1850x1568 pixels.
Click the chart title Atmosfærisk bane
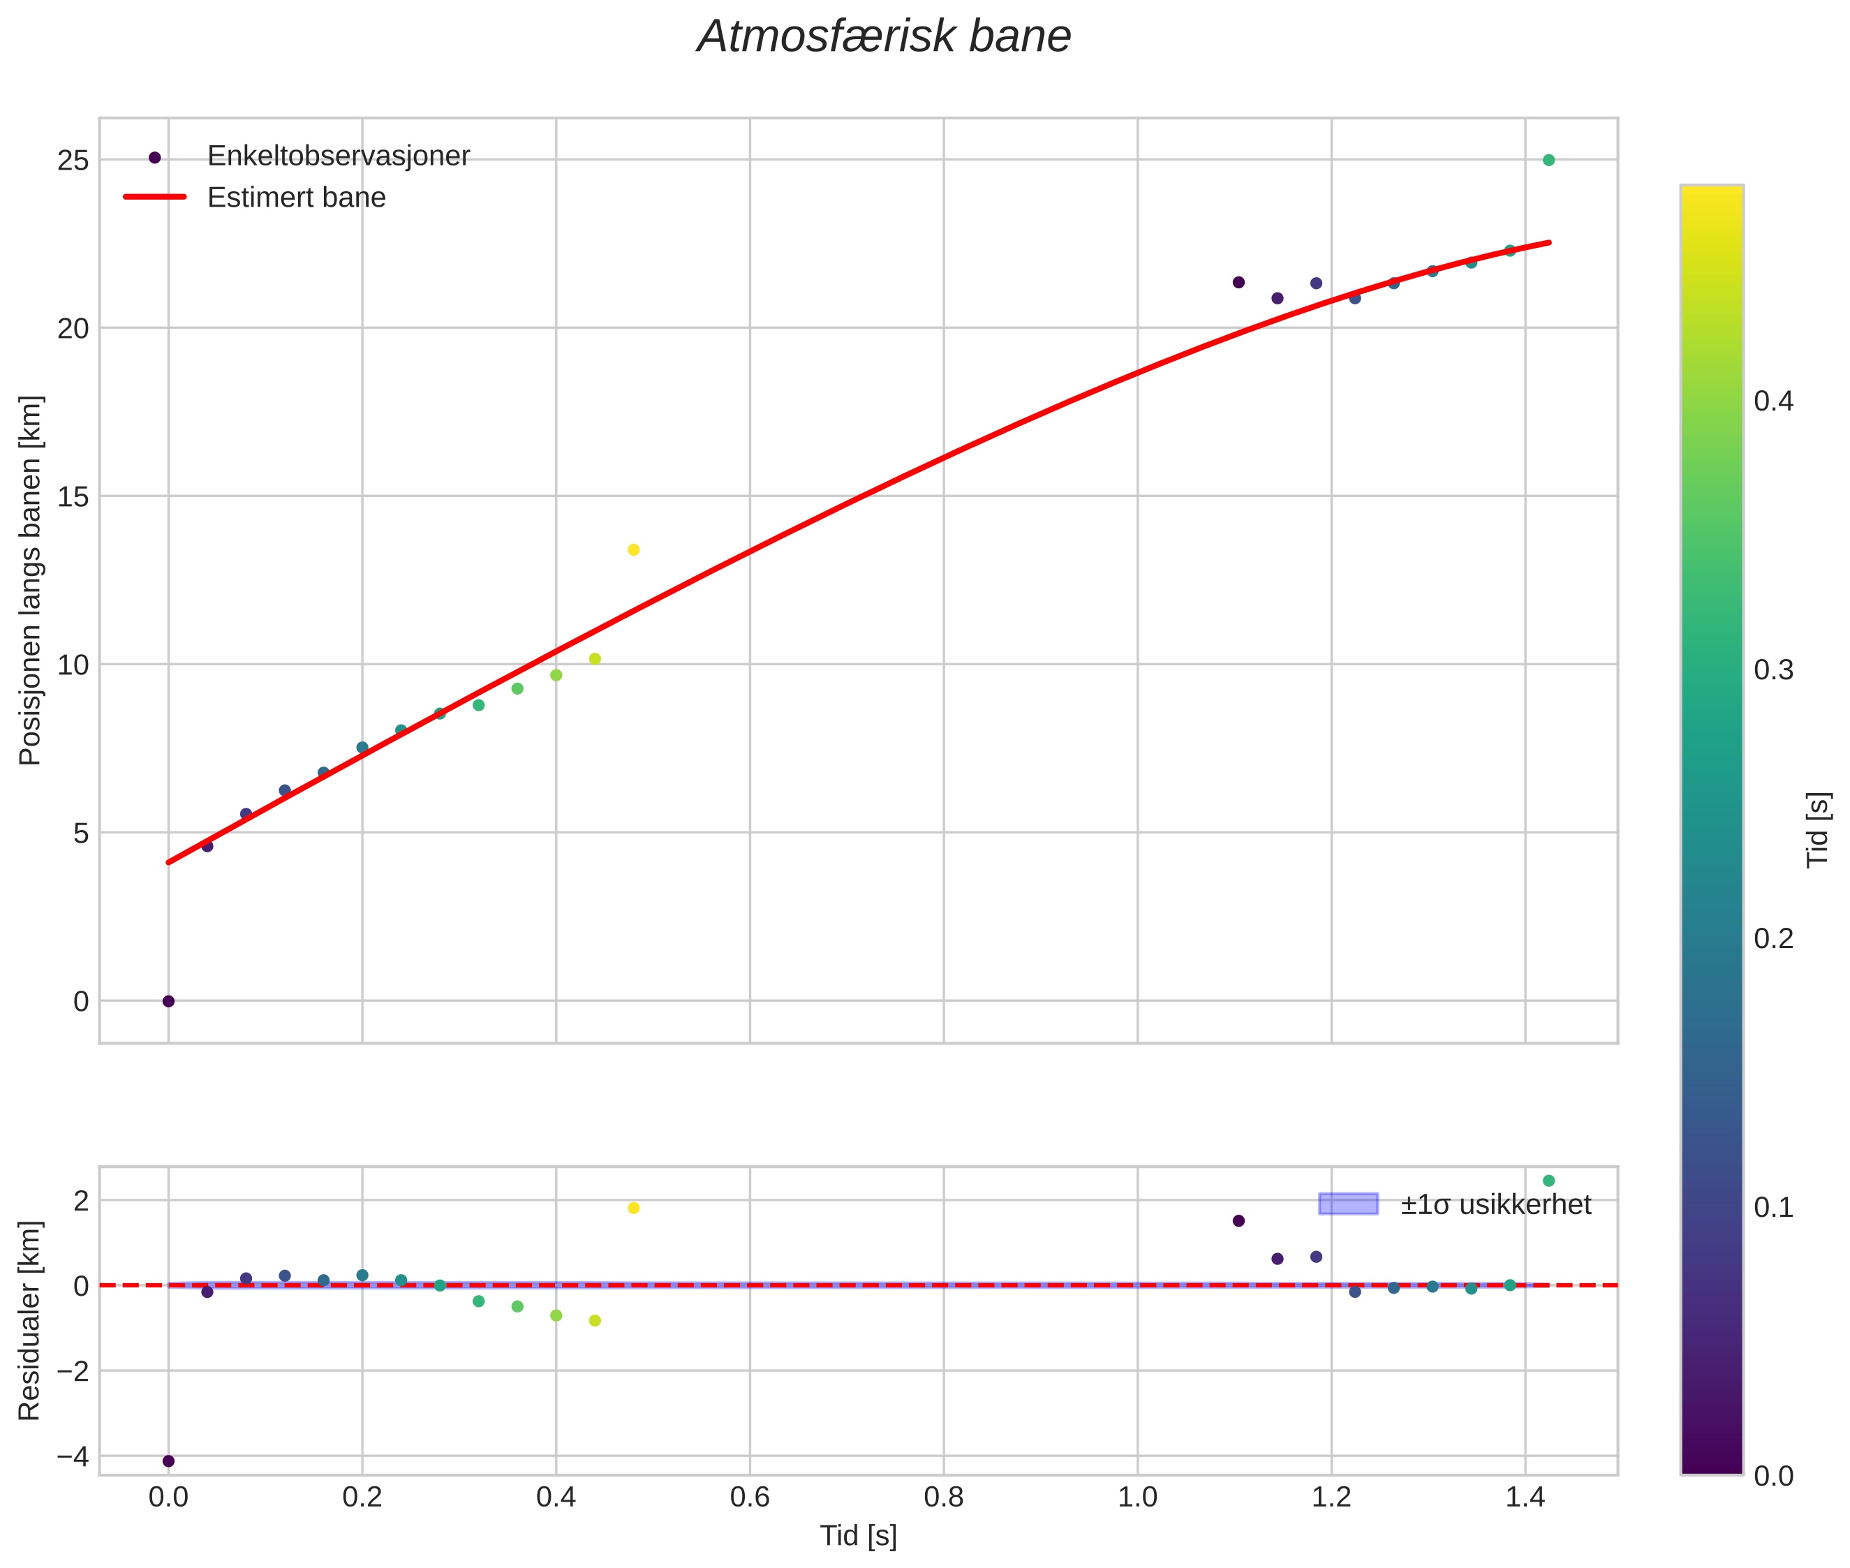tap(884, 37)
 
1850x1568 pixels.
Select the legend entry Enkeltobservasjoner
tap(338, 156)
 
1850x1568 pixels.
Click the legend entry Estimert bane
tap(296, 198)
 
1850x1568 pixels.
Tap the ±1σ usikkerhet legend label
tap(1495, 1204)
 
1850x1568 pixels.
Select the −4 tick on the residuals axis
tap(72, 1456)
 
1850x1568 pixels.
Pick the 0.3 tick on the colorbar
tap(1773, 670)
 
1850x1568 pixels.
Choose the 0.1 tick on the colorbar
tap(1773, 1207)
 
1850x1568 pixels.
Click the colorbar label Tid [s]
tap(1819, 829)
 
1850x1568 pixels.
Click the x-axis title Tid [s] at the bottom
tap(858, 1536)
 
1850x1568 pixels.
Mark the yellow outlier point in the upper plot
tap(634, 550)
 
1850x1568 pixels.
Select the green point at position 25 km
tap(1548, 160)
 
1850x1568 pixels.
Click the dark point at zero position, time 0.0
tap(168, 1002)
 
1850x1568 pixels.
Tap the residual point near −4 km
tap(168, 1461)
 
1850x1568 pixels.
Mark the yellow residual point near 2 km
tap(634, 1208)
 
